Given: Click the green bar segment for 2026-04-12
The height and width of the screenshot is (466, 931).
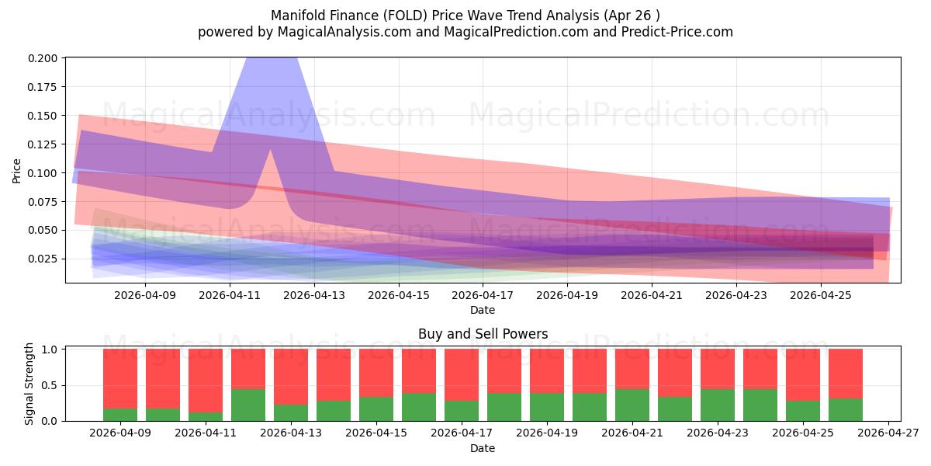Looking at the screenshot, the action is [x=248, y=405].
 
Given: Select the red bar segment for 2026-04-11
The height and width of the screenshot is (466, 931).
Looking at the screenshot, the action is [x=206, y=381].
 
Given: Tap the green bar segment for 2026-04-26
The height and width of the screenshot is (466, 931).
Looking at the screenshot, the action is [x=846, y=410].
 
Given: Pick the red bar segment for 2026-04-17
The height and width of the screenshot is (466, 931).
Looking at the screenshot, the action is [x=462, y=375].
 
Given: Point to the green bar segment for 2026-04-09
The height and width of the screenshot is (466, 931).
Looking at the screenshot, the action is [x=120, y=415].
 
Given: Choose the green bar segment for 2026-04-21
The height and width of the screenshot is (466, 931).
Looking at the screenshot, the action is [x=632, y=405].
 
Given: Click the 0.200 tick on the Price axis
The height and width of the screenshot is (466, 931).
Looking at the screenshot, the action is [x=43, y=58].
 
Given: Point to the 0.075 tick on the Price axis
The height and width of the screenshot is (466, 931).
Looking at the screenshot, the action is [x=43, y=202].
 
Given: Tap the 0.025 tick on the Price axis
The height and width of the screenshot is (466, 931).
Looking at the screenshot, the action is [x=43, y=259].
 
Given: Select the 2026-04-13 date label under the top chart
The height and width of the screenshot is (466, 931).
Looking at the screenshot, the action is [x=314, y=295].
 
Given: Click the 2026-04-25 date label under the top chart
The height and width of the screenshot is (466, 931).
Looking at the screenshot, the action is [x=821, y=295].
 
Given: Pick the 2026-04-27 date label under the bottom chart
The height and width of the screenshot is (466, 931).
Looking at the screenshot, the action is [x=888, y=433].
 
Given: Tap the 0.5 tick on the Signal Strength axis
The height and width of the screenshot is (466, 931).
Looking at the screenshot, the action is [x=49, y=386].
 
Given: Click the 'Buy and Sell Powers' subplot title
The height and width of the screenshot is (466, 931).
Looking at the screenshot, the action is [x=483, y=334].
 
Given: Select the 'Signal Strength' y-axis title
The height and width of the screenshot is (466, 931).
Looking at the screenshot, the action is [x=29, y=384].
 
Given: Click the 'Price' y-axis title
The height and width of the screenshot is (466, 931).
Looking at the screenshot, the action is [x=16, y=171].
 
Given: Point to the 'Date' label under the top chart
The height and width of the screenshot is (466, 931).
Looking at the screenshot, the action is [x=483, y=310].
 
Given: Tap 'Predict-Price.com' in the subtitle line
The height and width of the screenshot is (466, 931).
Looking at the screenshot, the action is [x=677, y=32].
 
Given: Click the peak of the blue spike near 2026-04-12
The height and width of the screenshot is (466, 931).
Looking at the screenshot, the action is [x=272, y=58].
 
